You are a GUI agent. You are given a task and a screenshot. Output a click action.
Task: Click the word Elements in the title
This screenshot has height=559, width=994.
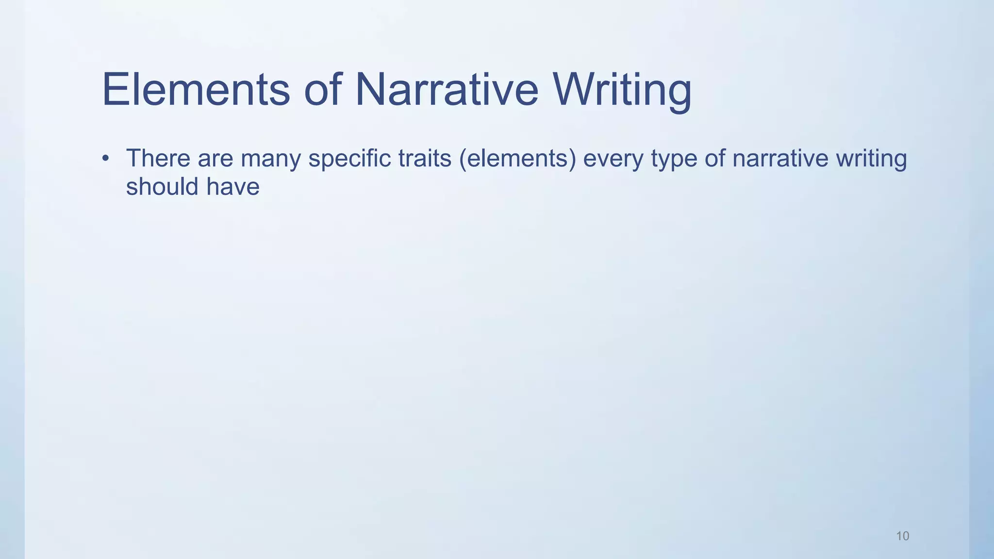tap(196, 90)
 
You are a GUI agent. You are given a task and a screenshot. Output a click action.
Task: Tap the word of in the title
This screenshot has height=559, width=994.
tap(323, 90)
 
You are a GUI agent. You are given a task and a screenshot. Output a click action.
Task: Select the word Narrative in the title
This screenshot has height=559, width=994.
tap(447, 90)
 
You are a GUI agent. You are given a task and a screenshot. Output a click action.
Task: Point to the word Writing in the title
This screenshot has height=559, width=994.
tap(622, 90)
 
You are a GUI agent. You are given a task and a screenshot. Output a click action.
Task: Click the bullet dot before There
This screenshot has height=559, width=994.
tap(105, 159)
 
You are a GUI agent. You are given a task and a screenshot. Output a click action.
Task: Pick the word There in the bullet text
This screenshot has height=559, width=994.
tap(158, 159)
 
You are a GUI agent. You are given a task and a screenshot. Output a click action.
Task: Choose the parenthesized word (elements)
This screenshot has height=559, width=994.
tap(517, 159)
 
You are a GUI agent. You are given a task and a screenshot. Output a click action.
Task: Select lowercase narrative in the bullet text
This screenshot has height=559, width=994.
tap(780, 159)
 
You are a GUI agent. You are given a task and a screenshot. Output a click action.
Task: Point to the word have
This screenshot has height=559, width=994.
tap(233, 187)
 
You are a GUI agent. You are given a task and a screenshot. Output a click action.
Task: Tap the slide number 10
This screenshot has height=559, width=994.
tap(902, 536)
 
